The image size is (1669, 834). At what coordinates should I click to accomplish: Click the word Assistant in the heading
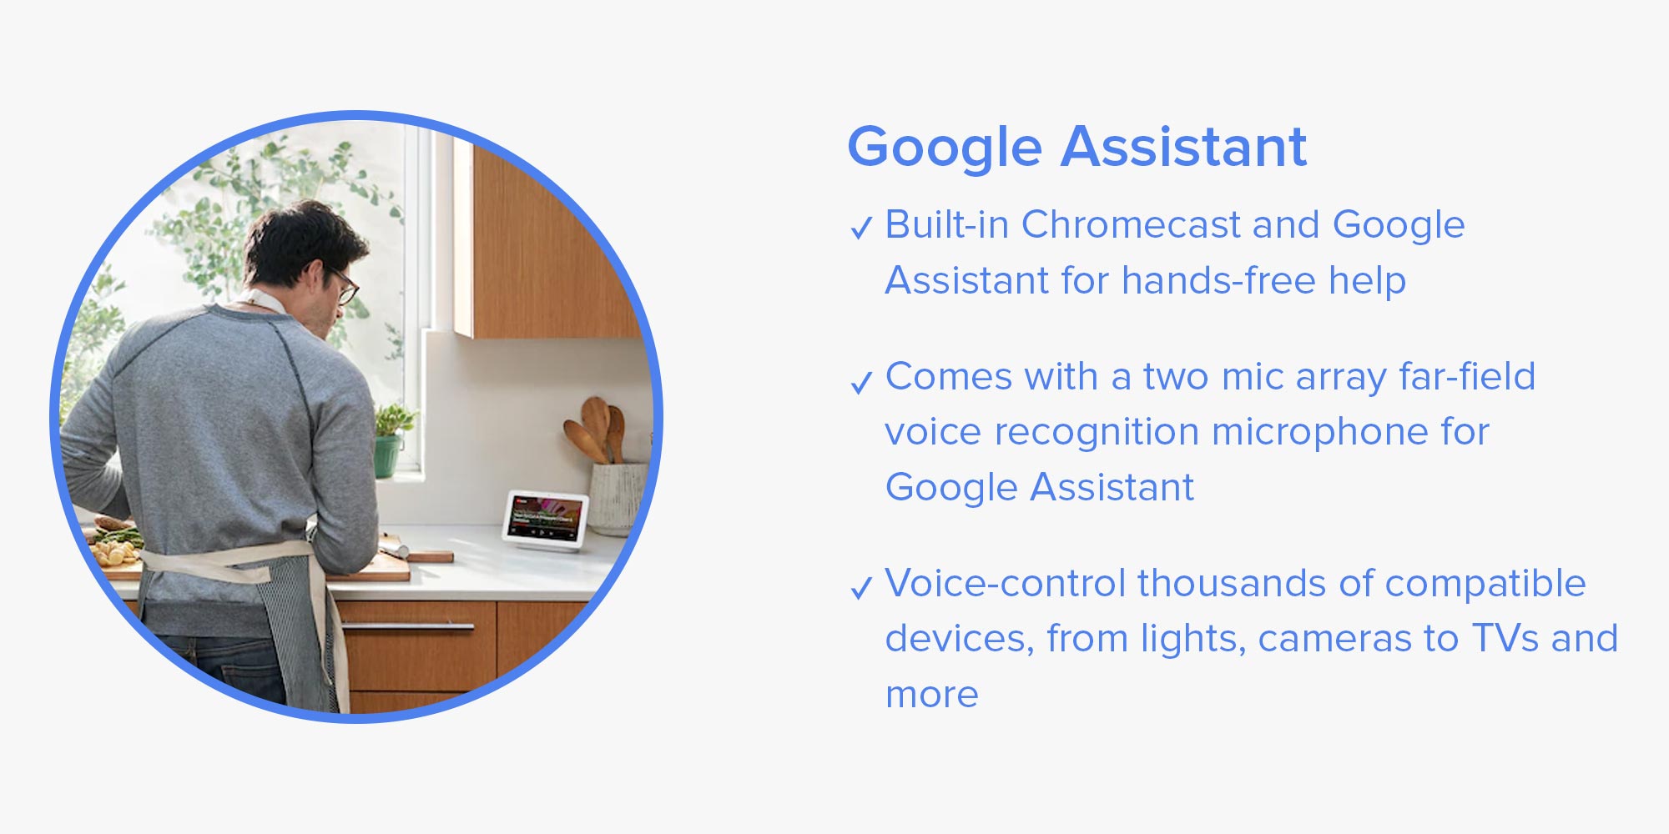tap(1184, 147)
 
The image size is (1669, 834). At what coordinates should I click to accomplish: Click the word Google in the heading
tap(945, 148)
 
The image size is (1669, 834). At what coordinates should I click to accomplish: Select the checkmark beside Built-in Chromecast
tap(861, 228)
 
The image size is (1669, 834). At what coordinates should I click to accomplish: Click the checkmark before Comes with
tap(861, 383)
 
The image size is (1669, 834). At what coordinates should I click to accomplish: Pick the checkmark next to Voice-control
tap(861, 589)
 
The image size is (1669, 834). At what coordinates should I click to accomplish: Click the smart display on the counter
tap(546, 520)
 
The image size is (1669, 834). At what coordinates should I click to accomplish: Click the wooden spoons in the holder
tap(598, 430)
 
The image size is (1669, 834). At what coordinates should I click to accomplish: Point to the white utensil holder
tap(618, 499)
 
